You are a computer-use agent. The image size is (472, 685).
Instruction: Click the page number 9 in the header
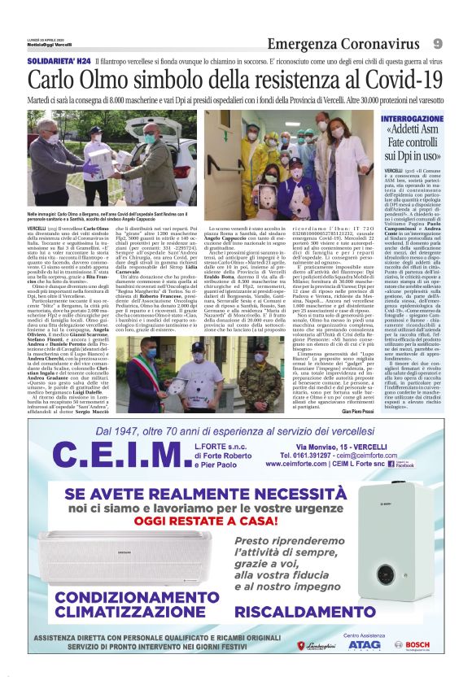pos(438,42)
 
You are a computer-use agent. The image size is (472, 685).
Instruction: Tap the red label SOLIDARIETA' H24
pos(58,61)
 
